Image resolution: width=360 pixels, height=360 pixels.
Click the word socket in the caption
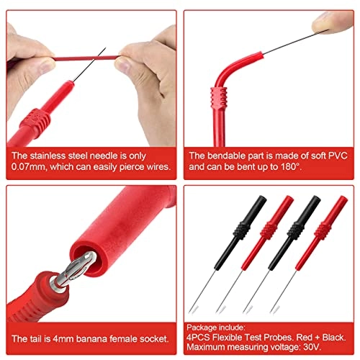(x=152, y=338)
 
